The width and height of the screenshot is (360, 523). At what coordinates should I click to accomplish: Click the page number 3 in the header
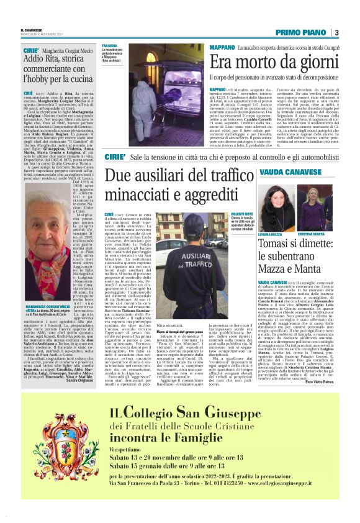pos(336,32)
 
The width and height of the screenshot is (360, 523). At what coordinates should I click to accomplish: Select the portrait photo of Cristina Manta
pos(312,208)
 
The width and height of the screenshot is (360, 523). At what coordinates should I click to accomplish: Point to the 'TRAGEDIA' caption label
pos(110,45)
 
